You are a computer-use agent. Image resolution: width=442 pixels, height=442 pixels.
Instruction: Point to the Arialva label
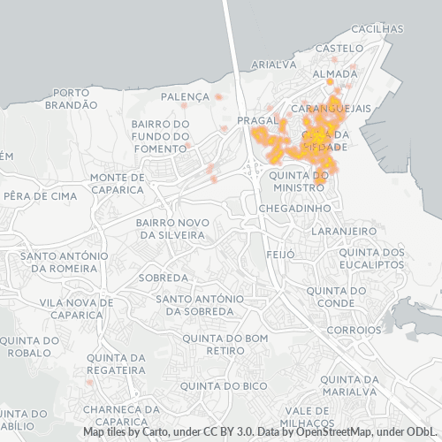click(274, 65)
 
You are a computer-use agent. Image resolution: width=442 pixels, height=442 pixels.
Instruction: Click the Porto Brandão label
click(74, 98)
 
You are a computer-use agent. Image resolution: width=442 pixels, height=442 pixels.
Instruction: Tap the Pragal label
click(259, 119)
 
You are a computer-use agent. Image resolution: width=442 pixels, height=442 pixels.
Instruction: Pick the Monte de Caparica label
click(117, 183)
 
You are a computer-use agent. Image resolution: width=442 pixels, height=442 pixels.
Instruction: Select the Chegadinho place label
click(294, 208)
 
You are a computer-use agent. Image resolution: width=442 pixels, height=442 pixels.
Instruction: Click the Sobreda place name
click(163, 278)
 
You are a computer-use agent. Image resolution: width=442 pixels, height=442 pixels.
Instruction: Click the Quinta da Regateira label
click(117, 363)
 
